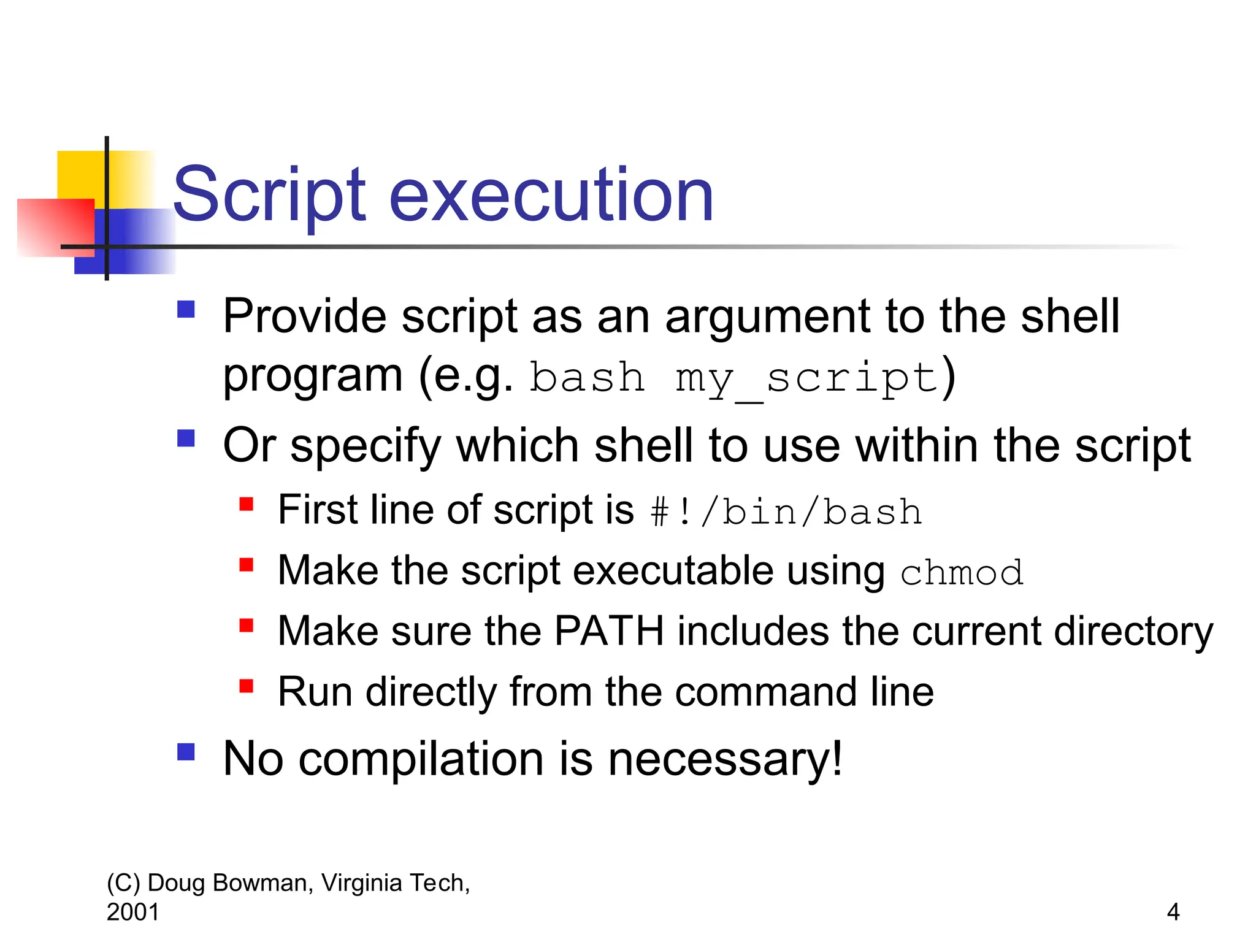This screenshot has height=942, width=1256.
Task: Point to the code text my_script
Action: [x=807, y=378]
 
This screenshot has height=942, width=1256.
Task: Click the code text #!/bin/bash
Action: [x=786, y=512]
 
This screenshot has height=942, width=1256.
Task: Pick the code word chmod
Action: [x=962, y=573]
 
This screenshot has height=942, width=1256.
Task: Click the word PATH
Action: [x=609, y=631]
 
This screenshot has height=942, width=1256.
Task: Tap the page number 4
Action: [x=1173, y=912]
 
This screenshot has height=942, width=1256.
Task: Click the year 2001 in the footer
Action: [x=132, y=912]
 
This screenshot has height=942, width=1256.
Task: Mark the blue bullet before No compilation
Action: [x=186, y=752]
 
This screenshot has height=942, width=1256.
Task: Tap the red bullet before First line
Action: [x=247, y=504]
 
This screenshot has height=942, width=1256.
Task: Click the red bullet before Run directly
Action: [x=247, y=686]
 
